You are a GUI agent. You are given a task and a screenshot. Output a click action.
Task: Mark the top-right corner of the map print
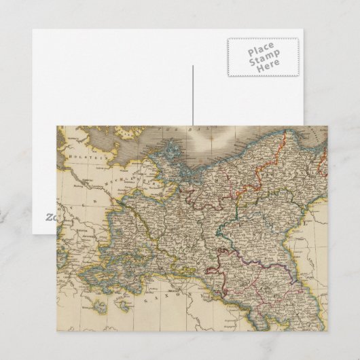point(324,126)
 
